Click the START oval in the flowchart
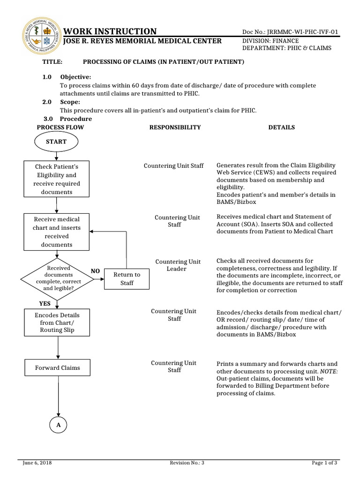(56, 142)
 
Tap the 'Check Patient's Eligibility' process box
(56, 179)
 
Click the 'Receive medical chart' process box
(56, 232)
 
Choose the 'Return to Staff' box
(127, 279)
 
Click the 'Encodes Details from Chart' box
(57, 322)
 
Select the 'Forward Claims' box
(57, 368)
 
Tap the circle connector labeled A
(58, 425)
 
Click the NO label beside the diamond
(95, 271)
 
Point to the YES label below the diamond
(45, 304)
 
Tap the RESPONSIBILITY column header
(175, 127)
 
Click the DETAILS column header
(281, 127)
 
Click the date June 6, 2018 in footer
(37, 463)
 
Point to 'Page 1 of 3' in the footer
(324, 463)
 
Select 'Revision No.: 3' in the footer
(187, 463)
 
